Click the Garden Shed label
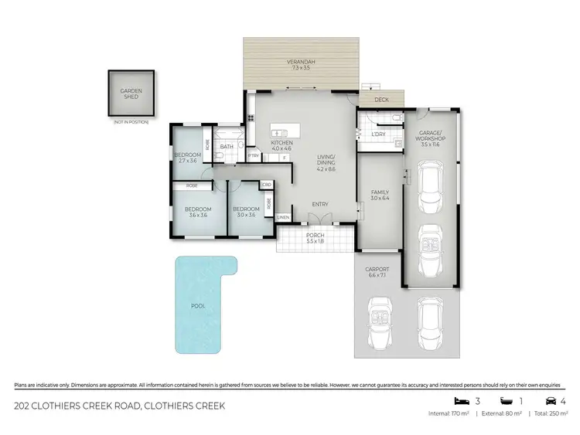[x=131, y=94]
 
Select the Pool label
[x=199, y=306]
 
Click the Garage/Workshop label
[x=430, y=139]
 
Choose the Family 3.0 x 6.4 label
[x=380, y=195]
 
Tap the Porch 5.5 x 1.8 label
[x=316, y=238]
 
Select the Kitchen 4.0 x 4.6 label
[x=281, y=147]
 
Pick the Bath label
[x=227, y=146]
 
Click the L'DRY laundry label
[x=378, y=135]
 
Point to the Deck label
[x=381, y=100]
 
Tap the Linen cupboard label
[x=283, y=217]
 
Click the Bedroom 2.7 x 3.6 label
[x=189, y=158]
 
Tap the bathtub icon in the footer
[x=506, y=401]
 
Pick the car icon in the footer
[x=550, y=401]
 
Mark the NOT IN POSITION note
[x=131, y=122]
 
